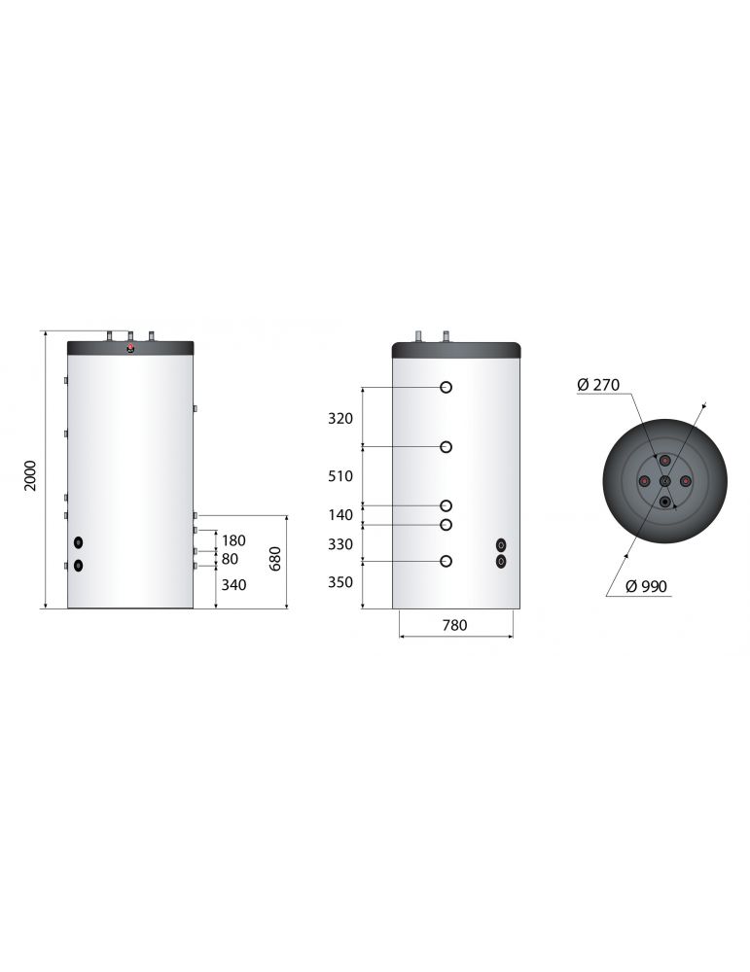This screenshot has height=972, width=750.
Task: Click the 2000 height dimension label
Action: (30, 474)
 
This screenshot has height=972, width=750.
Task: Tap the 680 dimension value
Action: (275, 560)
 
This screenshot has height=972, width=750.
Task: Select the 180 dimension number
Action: (233, 540)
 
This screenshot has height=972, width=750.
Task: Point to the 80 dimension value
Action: (230, 559)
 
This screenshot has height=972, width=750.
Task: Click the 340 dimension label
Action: (233, 585)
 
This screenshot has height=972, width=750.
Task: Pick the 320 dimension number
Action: (341, 418)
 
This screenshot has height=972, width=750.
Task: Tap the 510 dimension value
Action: (341, 476)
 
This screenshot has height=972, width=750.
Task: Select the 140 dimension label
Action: (341, 515)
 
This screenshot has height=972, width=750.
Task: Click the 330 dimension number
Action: (341, 544)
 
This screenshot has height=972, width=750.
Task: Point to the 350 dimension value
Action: (341, 582)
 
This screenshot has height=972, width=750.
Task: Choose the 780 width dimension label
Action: (454, 626)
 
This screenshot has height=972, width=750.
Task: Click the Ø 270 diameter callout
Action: (597, 386)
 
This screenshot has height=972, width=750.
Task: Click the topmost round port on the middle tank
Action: (446, 387)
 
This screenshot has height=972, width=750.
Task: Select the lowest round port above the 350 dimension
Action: (446, 561)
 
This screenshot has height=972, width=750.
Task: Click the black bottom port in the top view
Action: (664, 502)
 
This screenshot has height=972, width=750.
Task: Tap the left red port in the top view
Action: (644, 481)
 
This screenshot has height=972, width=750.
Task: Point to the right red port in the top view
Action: (686, 481)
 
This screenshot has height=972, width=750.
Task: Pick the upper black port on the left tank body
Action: (79, 542)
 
